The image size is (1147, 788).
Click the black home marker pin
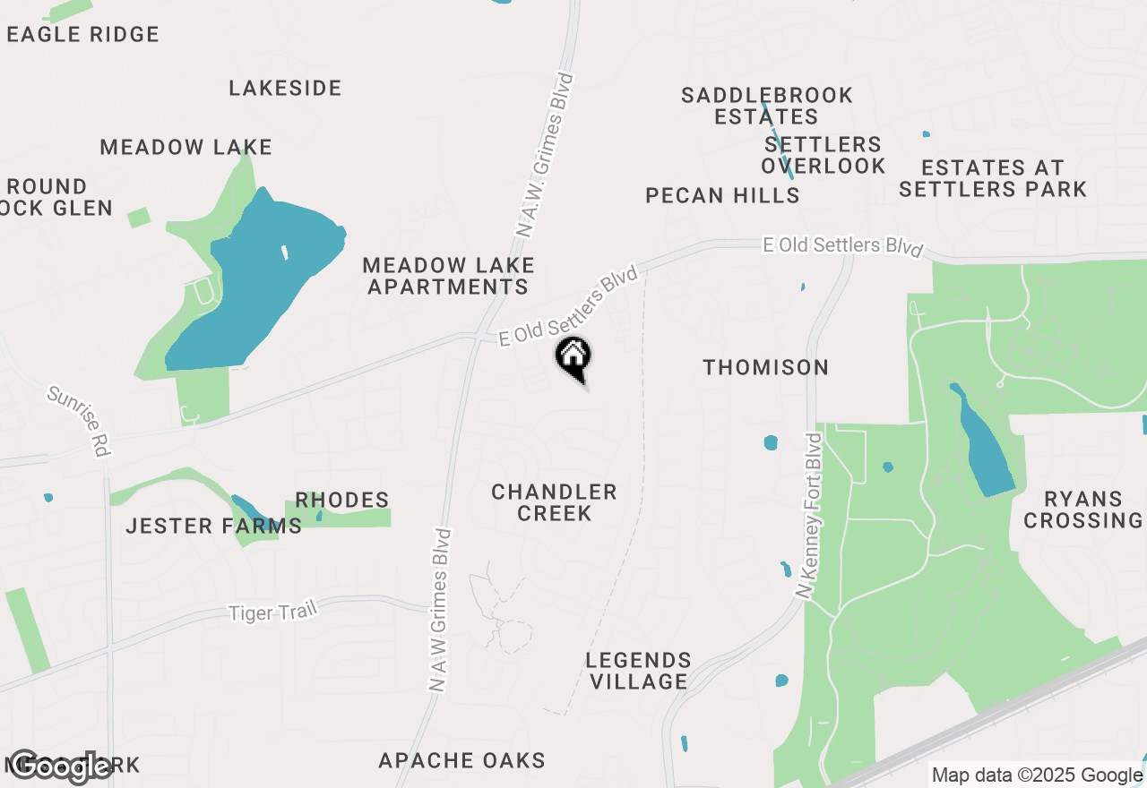click(573, 357)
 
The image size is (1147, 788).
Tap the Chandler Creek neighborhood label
click(554, 502)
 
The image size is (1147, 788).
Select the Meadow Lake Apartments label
click(448, 276)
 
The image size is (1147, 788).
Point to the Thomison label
click(765, 367)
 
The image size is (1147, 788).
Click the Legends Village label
click(638, 671)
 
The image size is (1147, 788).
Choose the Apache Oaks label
click(461, 761)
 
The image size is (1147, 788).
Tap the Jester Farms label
click(213, 526)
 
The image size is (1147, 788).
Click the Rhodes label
click(342, 500)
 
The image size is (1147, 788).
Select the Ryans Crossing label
click(1082, 510)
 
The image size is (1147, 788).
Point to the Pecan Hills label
click(722, 195)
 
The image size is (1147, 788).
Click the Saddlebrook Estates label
click(767, 106)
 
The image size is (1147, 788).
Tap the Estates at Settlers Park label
click(993, 178)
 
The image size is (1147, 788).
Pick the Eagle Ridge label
click(82, 34)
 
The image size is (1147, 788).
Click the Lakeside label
click(285, 88)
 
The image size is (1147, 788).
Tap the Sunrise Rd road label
click(79, 421)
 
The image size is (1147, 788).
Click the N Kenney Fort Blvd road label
click(808, 516)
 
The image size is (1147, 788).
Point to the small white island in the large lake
click(285, 253)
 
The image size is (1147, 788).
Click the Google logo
click(59, 767)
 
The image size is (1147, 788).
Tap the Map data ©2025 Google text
click(1037, 775)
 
